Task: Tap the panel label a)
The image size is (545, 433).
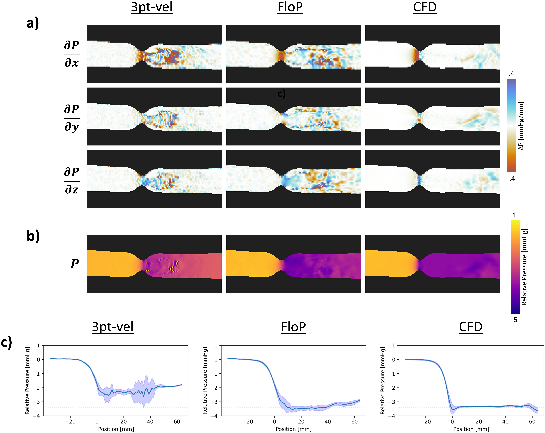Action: coord(33,23)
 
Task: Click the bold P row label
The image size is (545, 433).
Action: coord(75,264)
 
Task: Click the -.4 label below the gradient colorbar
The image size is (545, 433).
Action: coord(511,179)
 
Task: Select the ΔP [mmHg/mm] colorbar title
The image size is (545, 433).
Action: coord(521,126)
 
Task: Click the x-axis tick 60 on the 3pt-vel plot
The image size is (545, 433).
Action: coord(177,421)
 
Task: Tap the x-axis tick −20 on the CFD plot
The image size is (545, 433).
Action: coord(425,421)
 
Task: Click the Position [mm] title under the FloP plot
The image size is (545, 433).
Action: coord(293,429)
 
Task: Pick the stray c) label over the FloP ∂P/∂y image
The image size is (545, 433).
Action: coord(281,94)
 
